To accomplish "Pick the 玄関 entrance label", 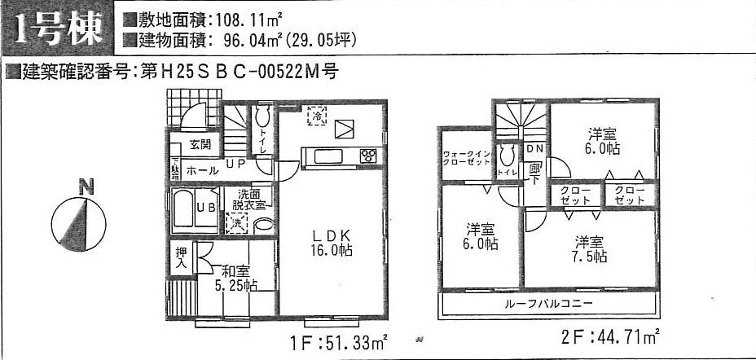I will (x=200, y=145).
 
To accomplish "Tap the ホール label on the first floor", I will (x=202, y=171).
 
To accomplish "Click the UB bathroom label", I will (x=207, y=207).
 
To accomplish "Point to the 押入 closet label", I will (x=181, y=259).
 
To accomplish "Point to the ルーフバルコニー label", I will (x=549, y=304).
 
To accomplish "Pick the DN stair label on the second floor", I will (x=534, y=149).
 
